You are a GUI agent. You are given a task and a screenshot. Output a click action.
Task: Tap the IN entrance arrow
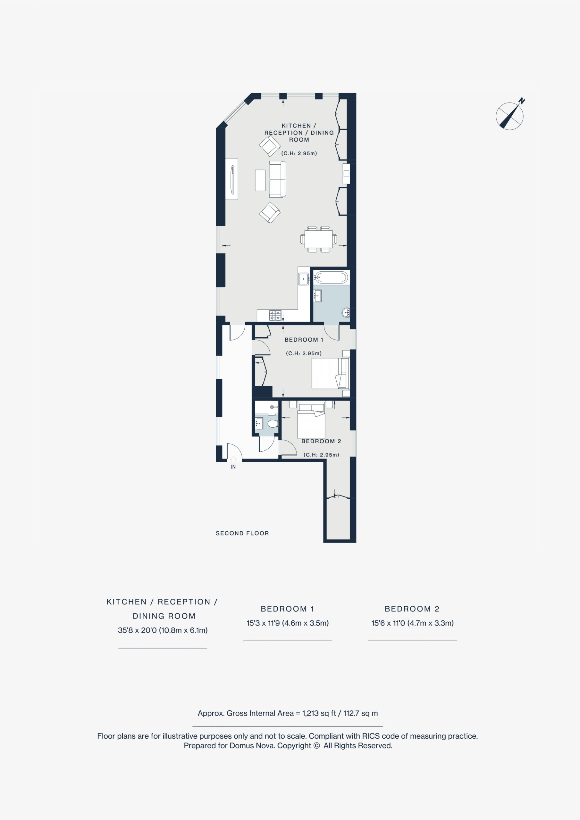tap(233, 459)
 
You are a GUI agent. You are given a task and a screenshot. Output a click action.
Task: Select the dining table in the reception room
tap(319, 239)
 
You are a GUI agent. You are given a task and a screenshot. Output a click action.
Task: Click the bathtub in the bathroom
tap(331, 277)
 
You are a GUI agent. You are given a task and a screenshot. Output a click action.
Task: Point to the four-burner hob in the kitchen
tap(275, 316)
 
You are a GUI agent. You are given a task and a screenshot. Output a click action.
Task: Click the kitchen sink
tap(304, 278)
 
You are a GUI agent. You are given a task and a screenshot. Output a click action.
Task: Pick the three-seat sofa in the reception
tap(277, 179)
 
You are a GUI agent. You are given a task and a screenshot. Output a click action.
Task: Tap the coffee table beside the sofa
tap(260, 180)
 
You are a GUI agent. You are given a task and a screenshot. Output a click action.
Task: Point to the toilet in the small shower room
tap(273, 423)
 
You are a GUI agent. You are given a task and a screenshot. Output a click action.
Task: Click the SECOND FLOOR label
tap(242, 533)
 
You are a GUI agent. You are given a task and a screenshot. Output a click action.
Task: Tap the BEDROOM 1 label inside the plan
tap(304, 340)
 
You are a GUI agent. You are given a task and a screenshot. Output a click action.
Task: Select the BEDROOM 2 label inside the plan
tap(321, 441)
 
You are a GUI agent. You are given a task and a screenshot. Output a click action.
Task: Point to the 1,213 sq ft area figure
tap(319, 713)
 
